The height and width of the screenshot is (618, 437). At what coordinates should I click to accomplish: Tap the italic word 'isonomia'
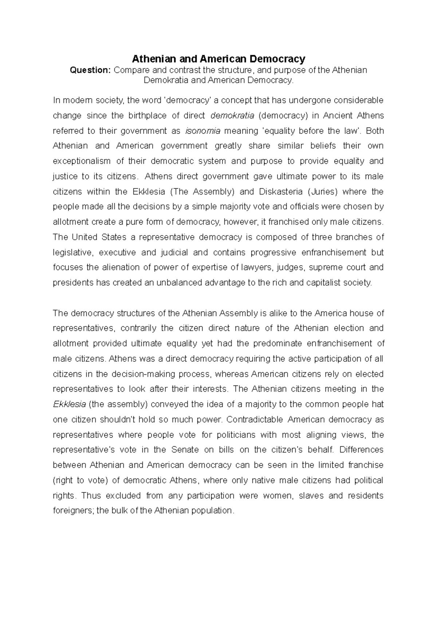(203, 131)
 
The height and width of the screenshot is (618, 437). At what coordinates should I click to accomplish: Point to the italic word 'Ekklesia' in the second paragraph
(69, 404)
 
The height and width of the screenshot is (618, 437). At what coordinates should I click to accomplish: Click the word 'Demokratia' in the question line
(166, 80)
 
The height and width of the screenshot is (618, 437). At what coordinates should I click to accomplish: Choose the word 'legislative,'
(73, 253)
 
